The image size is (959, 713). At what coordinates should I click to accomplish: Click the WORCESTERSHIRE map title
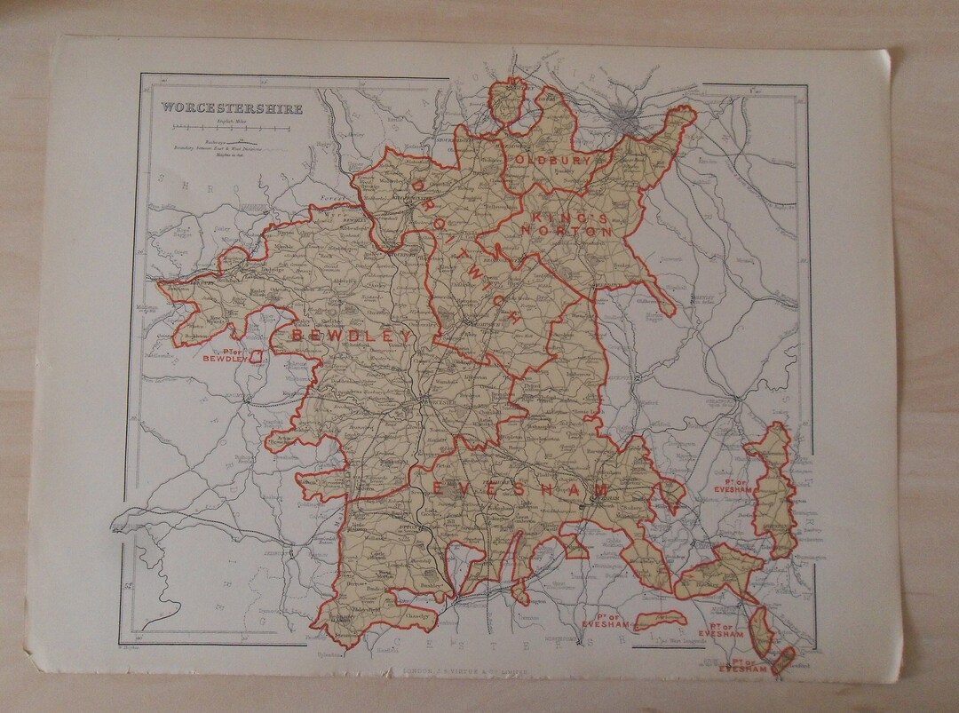(x=231, y=109)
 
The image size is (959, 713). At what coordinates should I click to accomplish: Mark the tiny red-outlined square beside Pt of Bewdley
(x=258, y=355)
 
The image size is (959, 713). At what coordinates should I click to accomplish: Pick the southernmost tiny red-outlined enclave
(x=781, y=660)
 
